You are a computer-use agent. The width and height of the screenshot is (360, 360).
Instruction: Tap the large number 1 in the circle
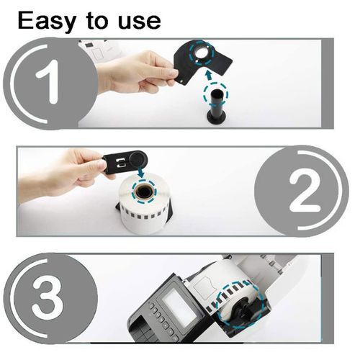[48, 81]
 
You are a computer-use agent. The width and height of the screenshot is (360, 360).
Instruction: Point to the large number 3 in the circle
[48, 297]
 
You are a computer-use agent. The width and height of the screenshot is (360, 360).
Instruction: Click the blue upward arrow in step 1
[209, 75]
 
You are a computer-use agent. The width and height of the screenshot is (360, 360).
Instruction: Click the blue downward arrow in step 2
[141, 173]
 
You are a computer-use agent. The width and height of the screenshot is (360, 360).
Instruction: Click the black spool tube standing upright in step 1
[216, 103]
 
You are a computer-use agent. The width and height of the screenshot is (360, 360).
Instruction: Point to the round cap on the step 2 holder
[136, 159]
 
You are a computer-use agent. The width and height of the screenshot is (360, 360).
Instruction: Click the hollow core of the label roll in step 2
[144, 192]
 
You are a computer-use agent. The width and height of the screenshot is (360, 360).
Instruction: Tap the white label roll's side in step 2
[145, 216]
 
